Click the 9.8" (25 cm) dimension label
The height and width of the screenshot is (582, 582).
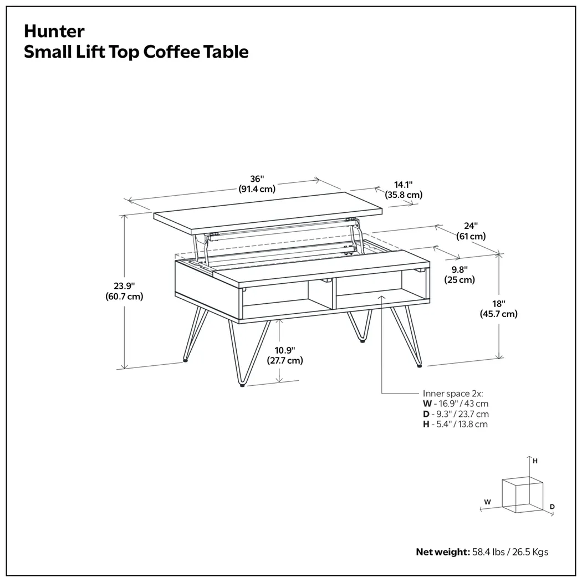point(460,274)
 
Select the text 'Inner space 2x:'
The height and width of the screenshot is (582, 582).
point(452,393)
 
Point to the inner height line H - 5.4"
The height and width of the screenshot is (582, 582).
point(455,425)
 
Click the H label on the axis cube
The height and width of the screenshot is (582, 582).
point(535,461)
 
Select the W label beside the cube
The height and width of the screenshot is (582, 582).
point(487,501)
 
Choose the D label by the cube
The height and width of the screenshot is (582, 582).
point(552,507)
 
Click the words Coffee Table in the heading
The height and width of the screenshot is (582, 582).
point(196,52)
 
